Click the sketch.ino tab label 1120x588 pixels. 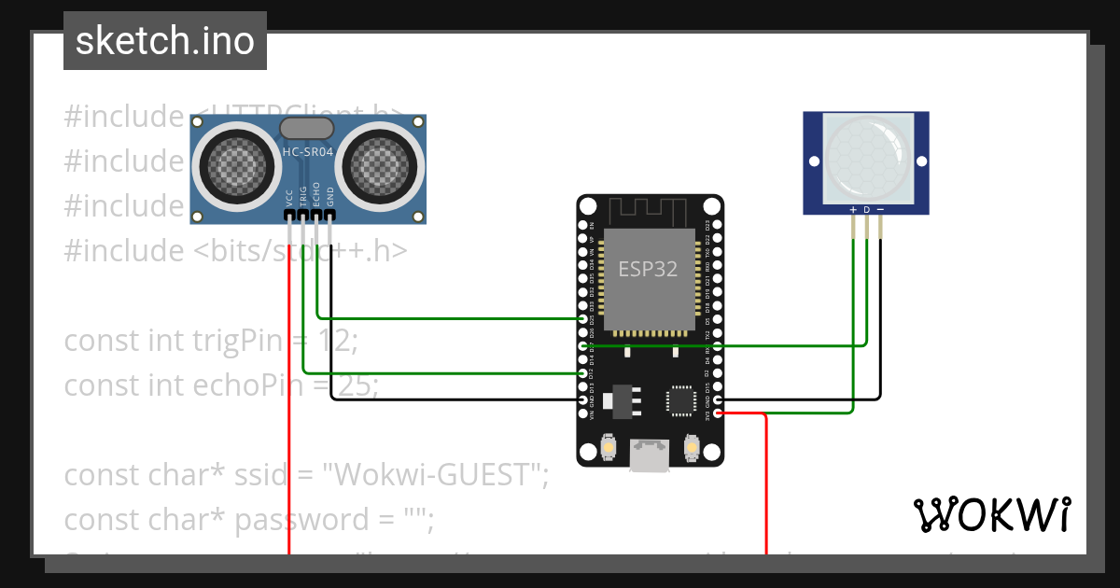pos(164,41)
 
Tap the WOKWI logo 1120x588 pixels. pos(991,514)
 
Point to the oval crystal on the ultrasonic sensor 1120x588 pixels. pos(306,128)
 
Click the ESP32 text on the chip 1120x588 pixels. pos(648,269)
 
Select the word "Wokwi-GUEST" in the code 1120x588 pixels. pos(434,475)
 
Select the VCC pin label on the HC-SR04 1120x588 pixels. pos(289,198)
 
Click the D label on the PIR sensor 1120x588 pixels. pos(866,210)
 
